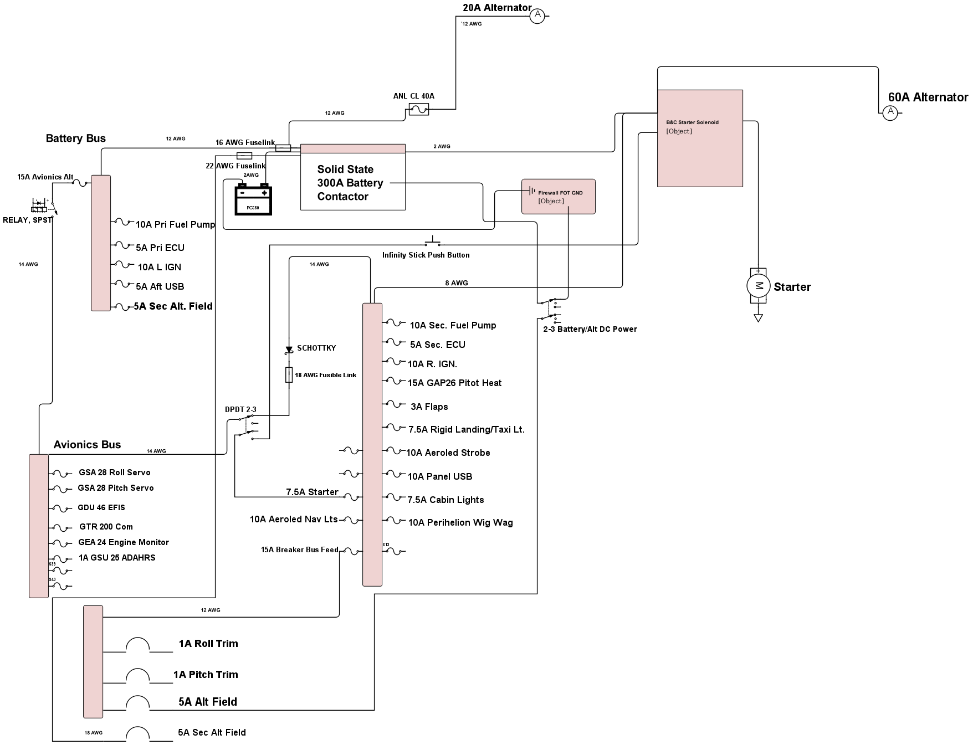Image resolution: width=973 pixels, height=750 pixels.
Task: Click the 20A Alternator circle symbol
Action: [537, 16]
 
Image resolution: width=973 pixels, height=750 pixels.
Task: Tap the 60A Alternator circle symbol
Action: [890, 113]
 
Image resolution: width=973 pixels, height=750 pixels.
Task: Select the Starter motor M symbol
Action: [758, 286]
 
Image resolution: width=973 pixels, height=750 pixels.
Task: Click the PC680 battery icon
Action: [253, 199]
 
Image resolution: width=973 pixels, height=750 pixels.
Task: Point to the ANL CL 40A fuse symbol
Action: [418, 110]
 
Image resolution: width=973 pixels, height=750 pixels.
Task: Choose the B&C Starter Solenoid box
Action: [700, 138]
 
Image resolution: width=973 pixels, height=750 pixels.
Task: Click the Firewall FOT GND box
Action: [558, 196]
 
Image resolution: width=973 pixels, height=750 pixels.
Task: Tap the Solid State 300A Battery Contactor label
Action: [350, 183]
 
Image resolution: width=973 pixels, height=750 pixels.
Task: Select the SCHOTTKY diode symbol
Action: [289, 350]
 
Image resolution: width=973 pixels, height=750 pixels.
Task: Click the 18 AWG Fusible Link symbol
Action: [289, 375]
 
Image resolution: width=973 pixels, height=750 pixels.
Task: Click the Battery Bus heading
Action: [75, 138]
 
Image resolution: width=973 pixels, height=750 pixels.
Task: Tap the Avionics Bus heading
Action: [87, 445]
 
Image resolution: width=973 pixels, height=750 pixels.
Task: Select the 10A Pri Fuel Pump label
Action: [175, 224]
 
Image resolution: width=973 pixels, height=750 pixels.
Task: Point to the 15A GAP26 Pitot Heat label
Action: [454, 383]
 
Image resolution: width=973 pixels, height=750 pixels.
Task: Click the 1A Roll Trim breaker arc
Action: [137, 645]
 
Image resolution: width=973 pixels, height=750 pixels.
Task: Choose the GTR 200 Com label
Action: [106, 527]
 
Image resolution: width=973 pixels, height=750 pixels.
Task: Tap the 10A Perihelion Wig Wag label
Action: [460, 522]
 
